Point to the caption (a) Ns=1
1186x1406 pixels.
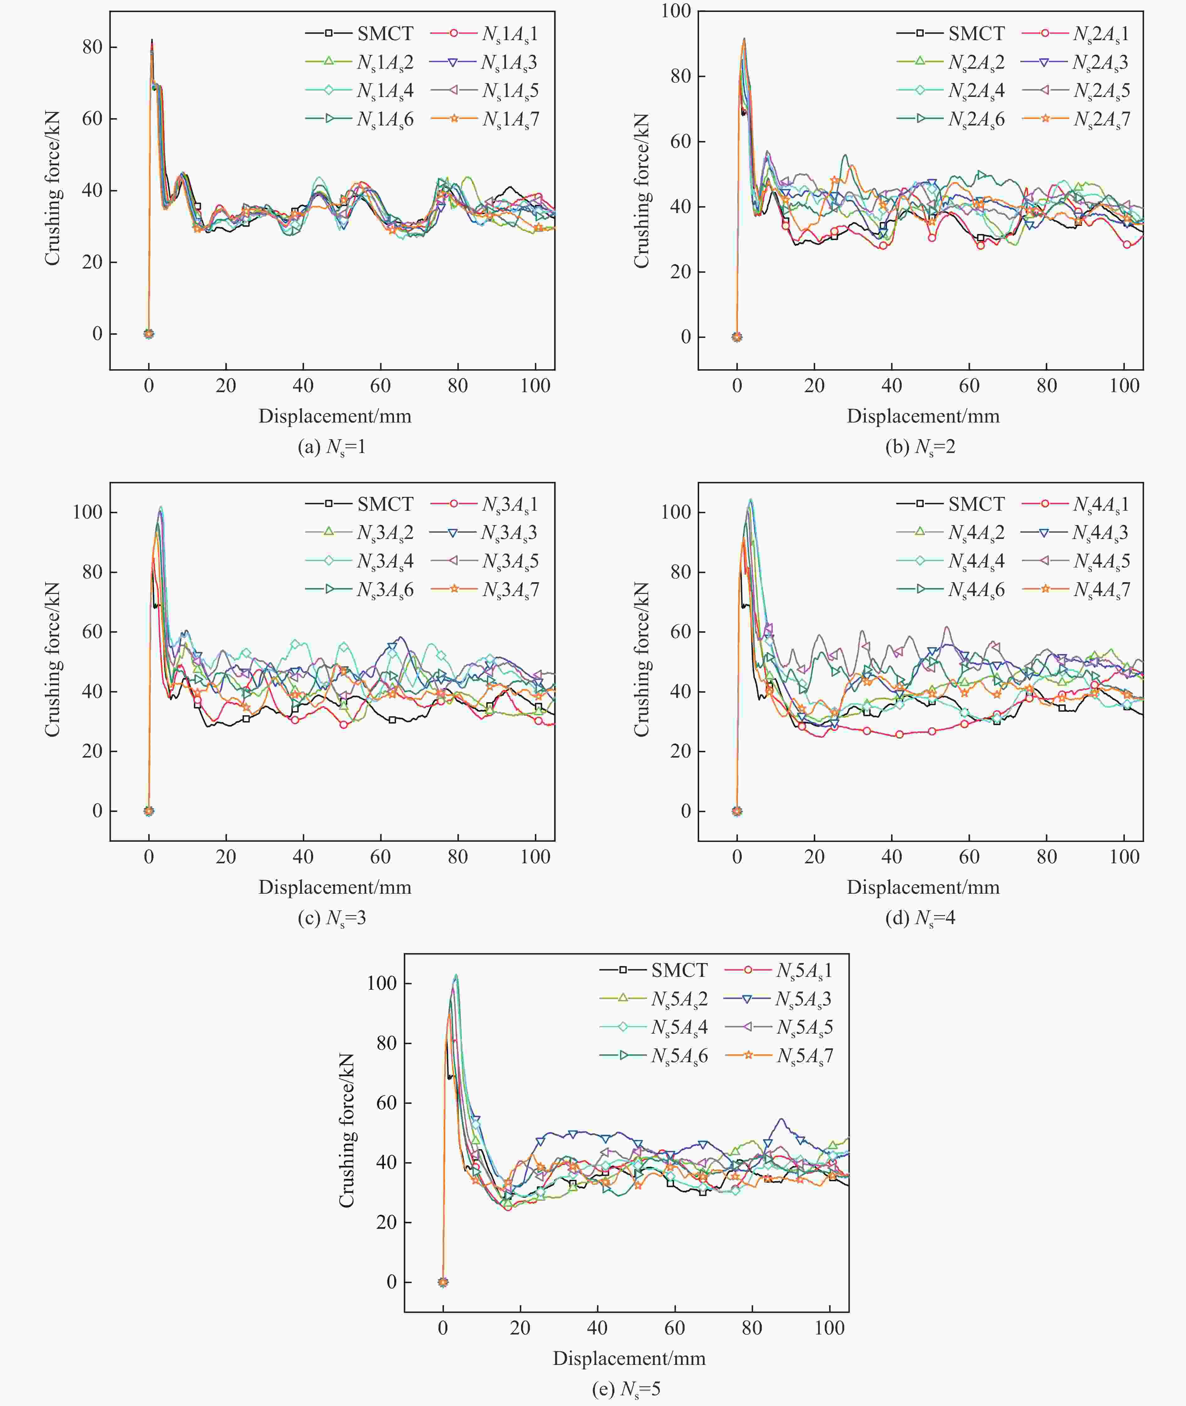point(332,447)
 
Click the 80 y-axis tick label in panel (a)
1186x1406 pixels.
point(92,47)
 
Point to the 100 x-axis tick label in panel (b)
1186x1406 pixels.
point(1124,386)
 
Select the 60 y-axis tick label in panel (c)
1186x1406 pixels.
point(92,632)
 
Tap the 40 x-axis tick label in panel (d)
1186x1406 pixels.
point(891,857)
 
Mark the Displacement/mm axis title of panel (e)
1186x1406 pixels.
point(629,1358)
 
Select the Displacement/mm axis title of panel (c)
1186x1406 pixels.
point(335,887)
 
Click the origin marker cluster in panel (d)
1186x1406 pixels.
point(737,811)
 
